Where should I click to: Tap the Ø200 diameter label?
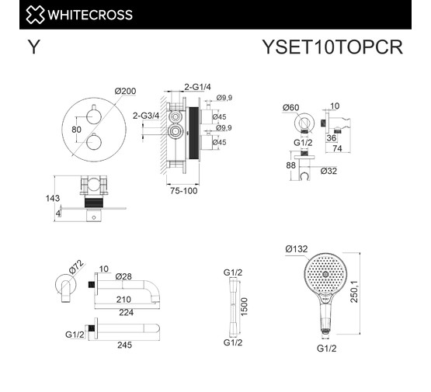click(125, 92)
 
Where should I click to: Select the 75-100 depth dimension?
click(185, 189)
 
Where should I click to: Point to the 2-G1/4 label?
click(199, 87)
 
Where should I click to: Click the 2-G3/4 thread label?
click(145, 115)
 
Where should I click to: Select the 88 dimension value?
click(291, 165)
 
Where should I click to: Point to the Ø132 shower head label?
click(297, 249)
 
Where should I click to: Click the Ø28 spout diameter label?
click(123, 276)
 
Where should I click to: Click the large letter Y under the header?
click(33, 47)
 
